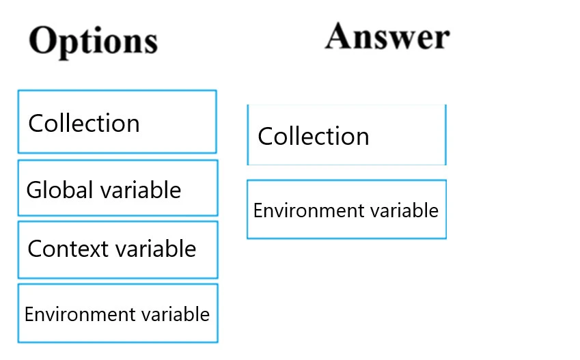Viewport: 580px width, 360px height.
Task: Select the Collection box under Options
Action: point(117,122)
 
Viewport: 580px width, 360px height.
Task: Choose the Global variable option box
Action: point(118,188)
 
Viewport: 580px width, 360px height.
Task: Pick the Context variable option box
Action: point(118,249)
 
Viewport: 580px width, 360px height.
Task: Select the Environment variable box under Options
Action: point(118,314)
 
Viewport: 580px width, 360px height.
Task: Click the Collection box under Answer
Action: point(346,135)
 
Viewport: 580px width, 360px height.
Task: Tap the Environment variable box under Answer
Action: point(346,209)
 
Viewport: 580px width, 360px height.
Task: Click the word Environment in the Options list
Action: point(71,314)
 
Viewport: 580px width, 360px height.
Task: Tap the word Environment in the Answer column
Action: point(301,210)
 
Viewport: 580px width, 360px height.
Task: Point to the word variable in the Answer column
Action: point(405,210)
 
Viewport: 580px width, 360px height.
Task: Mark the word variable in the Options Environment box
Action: point(176,314)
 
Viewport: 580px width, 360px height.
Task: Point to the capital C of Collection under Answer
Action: point(266,136)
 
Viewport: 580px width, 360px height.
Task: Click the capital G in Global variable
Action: point(34,189)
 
